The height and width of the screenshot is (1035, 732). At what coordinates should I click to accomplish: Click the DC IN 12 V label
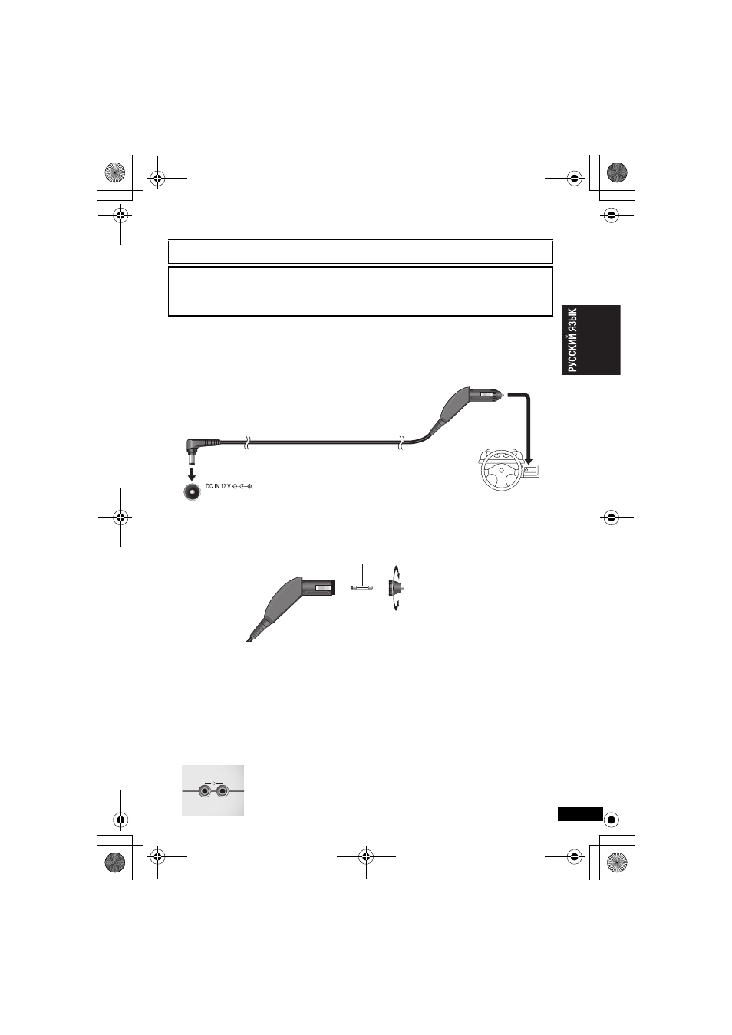(x=218, y=487)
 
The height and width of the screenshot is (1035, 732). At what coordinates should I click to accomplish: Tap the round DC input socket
(x=192, y=491)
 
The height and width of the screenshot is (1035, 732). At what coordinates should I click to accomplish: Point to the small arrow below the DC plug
(x=192, y=474)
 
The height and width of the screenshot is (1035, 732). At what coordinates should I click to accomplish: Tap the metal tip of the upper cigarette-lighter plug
(x=500, y=395)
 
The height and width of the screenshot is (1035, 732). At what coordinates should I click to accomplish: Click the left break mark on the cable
(x=247, y=443)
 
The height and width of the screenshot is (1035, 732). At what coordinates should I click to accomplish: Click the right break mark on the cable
(x=402, y=442)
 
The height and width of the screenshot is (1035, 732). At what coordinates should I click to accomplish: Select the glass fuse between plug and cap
(x=362, y=588)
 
